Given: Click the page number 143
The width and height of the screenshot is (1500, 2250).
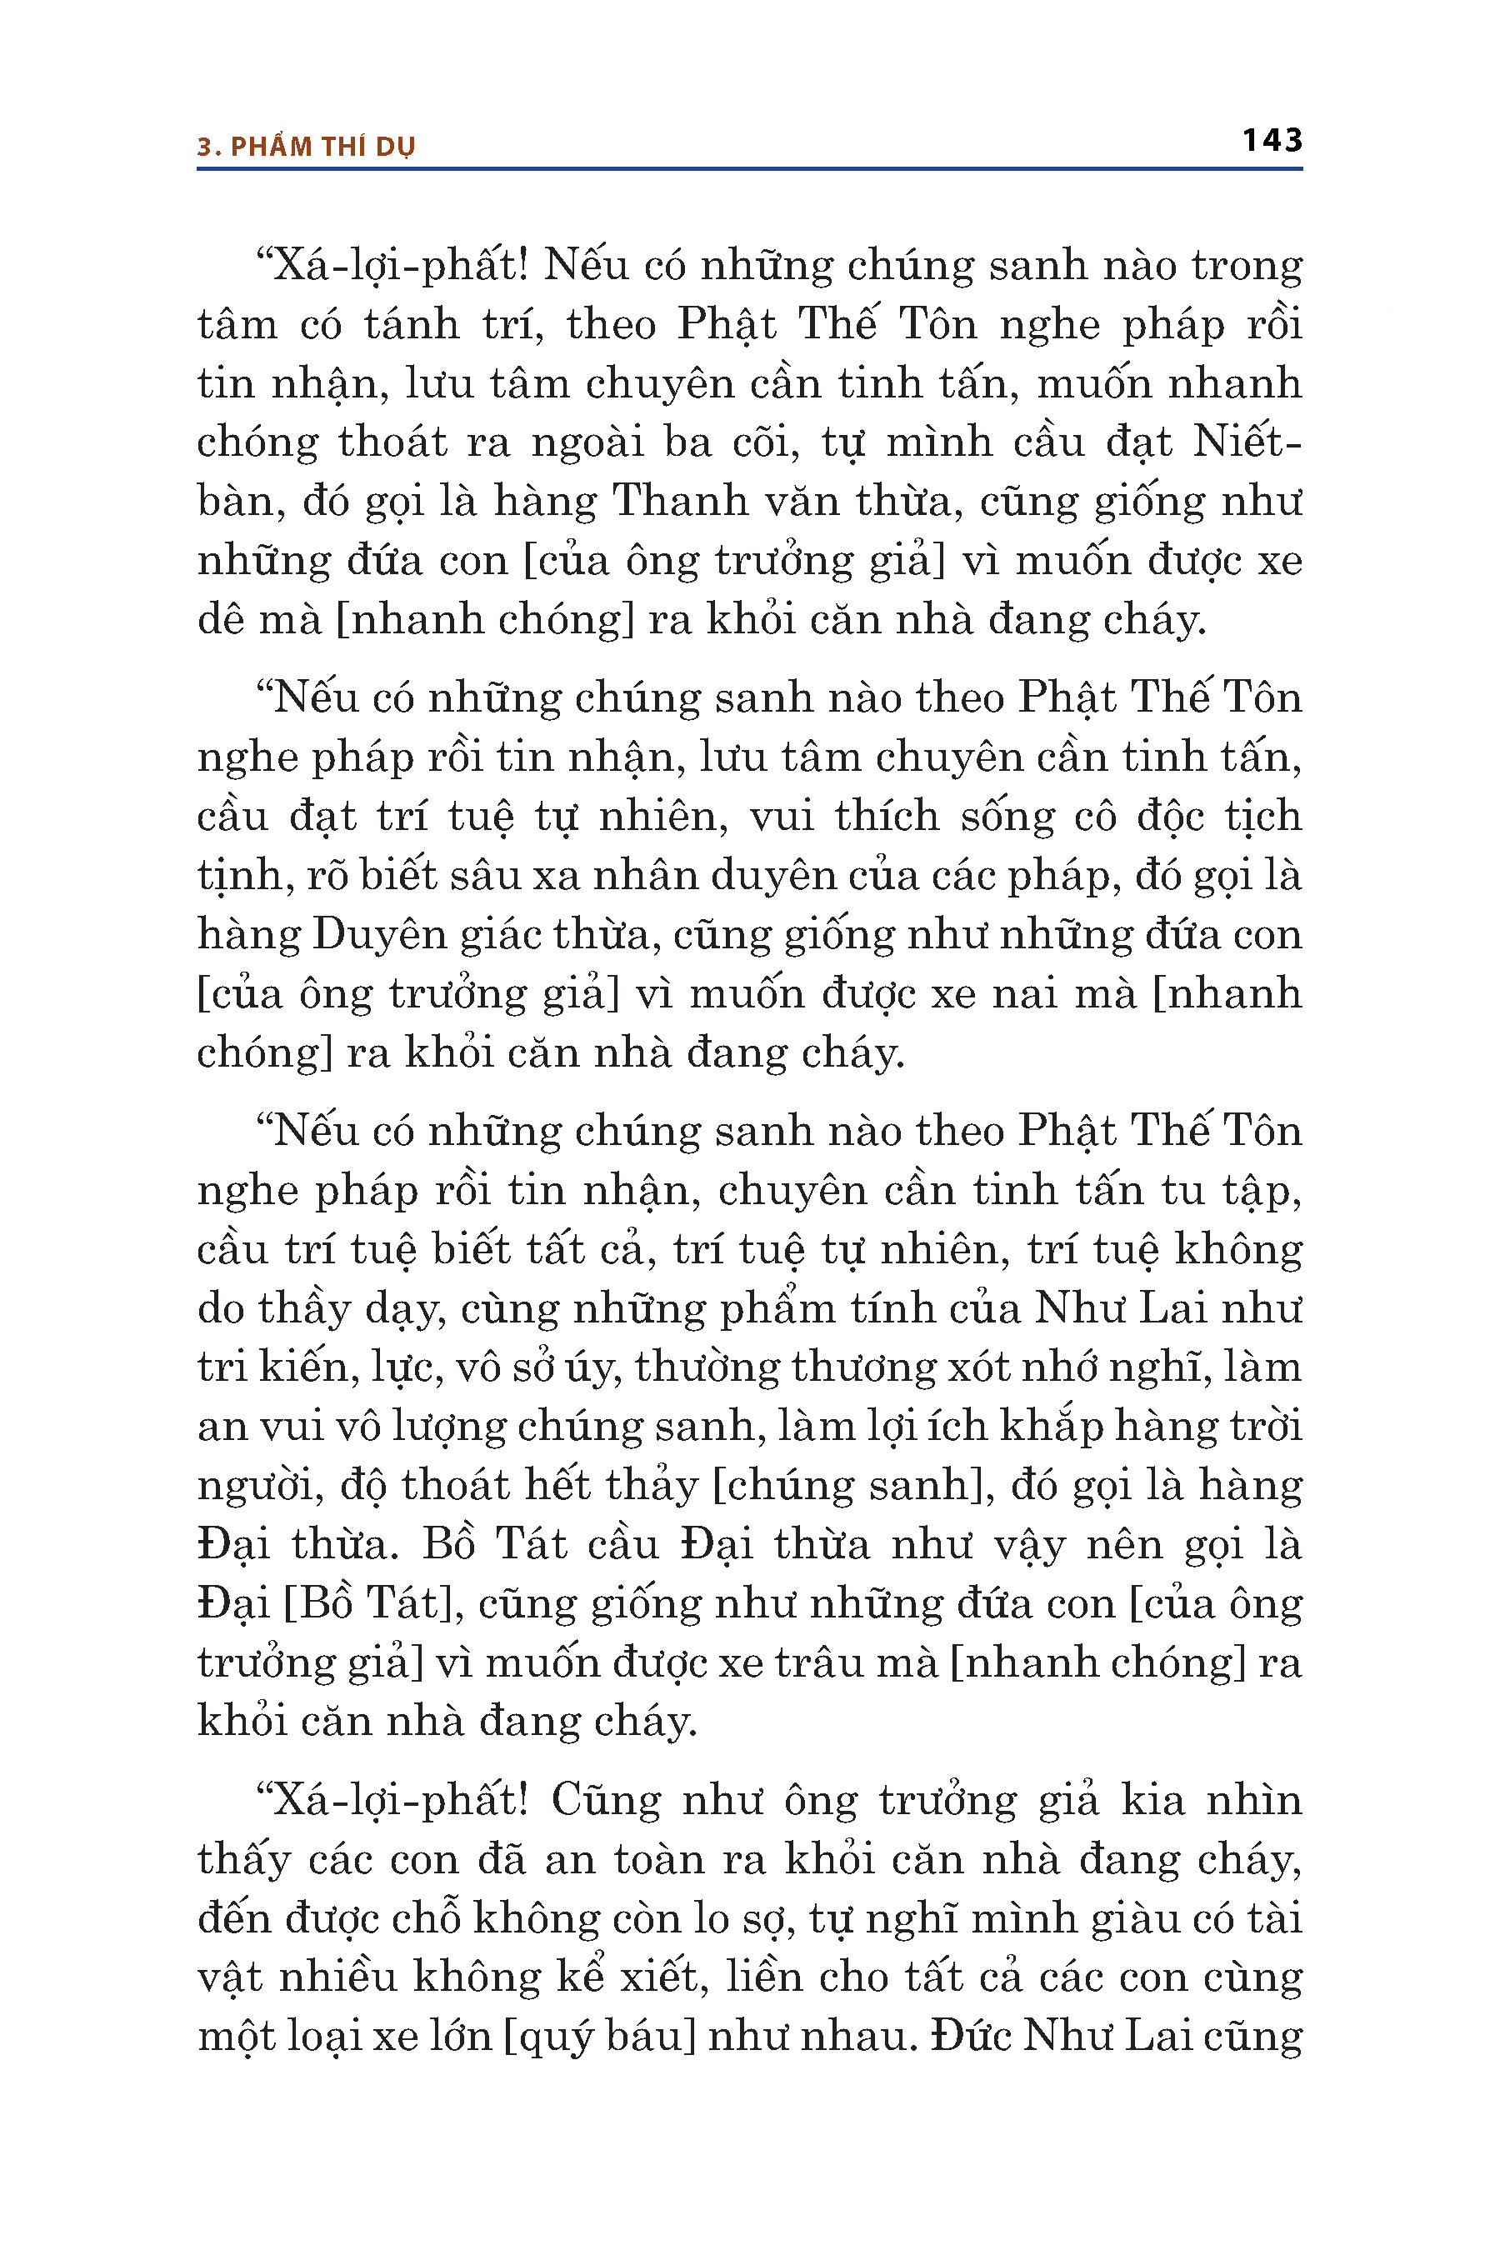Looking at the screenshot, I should click(x=1272, y=141).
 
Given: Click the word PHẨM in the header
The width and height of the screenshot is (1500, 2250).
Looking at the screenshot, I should click(x=271, y=147).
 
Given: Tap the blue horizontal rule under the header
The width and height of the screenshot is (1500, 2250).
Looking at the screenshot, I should click(x=749, y=169).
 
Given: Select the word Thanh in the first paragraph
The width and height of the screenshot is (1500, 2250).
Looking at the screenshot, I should click(x=679, y=502).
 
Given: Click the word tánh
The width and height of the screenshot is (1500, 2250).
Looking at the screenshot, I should click(x=412, y=324).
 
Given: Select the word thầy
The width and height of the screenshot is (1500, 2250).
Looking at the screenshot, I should click(x=297, y=1308).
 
